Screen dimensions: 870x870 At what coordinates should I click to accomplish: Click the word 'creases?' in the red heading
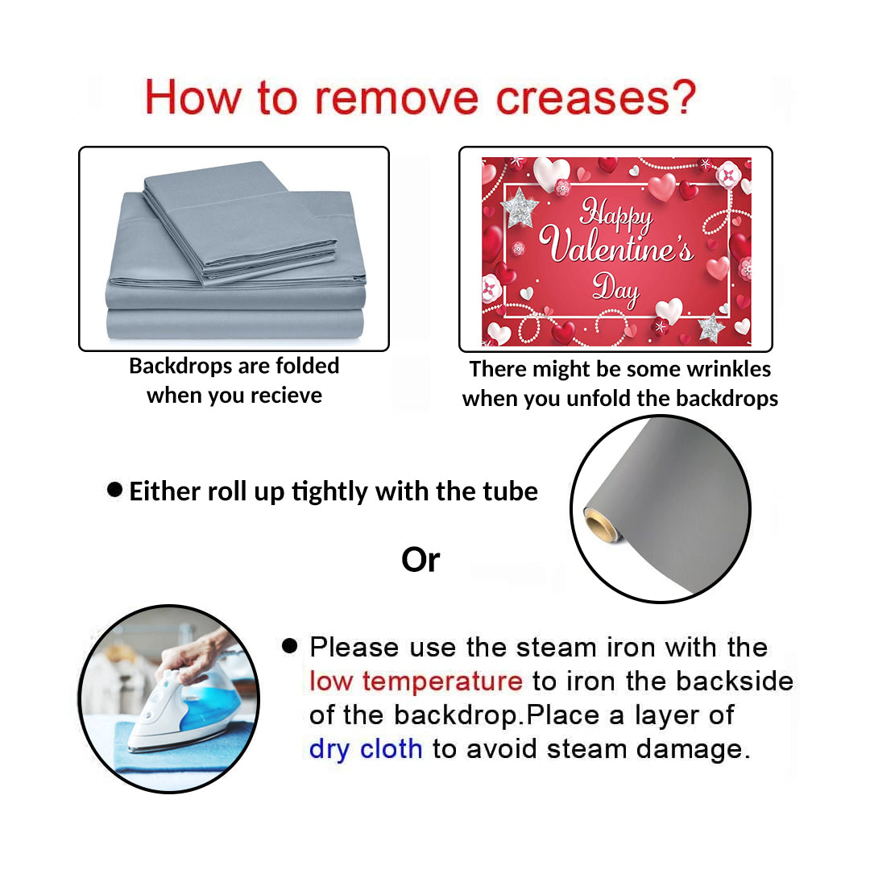coord(595,97)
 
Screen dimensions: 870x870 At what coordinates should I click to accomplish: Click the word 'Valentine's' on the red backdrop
coord(616,244)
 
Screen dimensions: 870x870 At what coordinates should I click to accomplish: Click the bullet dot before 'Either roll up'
coord(115,490)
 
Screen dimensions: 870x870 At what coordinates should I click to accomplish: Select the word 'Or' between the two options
coord(420,560)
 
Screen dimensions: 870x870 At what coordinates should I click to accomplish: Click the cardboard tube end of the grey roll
coord(600,524)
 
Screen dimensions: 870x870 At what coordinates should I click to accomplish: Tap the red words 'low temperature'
coord(416,681)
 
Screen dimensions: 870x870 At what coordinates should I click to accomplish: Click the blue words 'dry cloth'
coord(366,748)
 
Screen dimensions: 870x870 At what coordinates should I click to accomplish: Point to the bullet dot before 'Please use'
coord(290,645)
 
